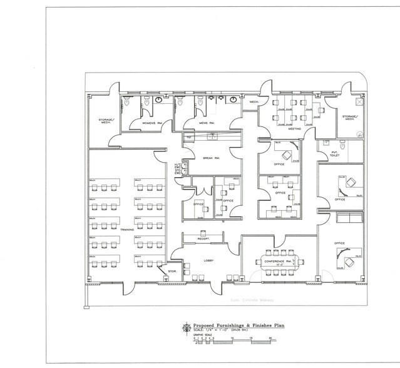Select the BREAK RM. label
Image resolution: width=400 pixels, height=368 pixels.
click(x=210, y=158)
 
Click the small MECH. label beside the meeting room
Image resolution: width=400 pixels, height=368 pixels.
click(x=255, y=101)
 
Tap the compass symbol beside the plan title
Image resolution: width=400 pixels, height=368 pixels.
click(x=186, y=327)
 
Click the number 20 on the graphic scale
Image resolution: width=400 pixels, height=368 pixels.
click(x=270, y=338)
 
